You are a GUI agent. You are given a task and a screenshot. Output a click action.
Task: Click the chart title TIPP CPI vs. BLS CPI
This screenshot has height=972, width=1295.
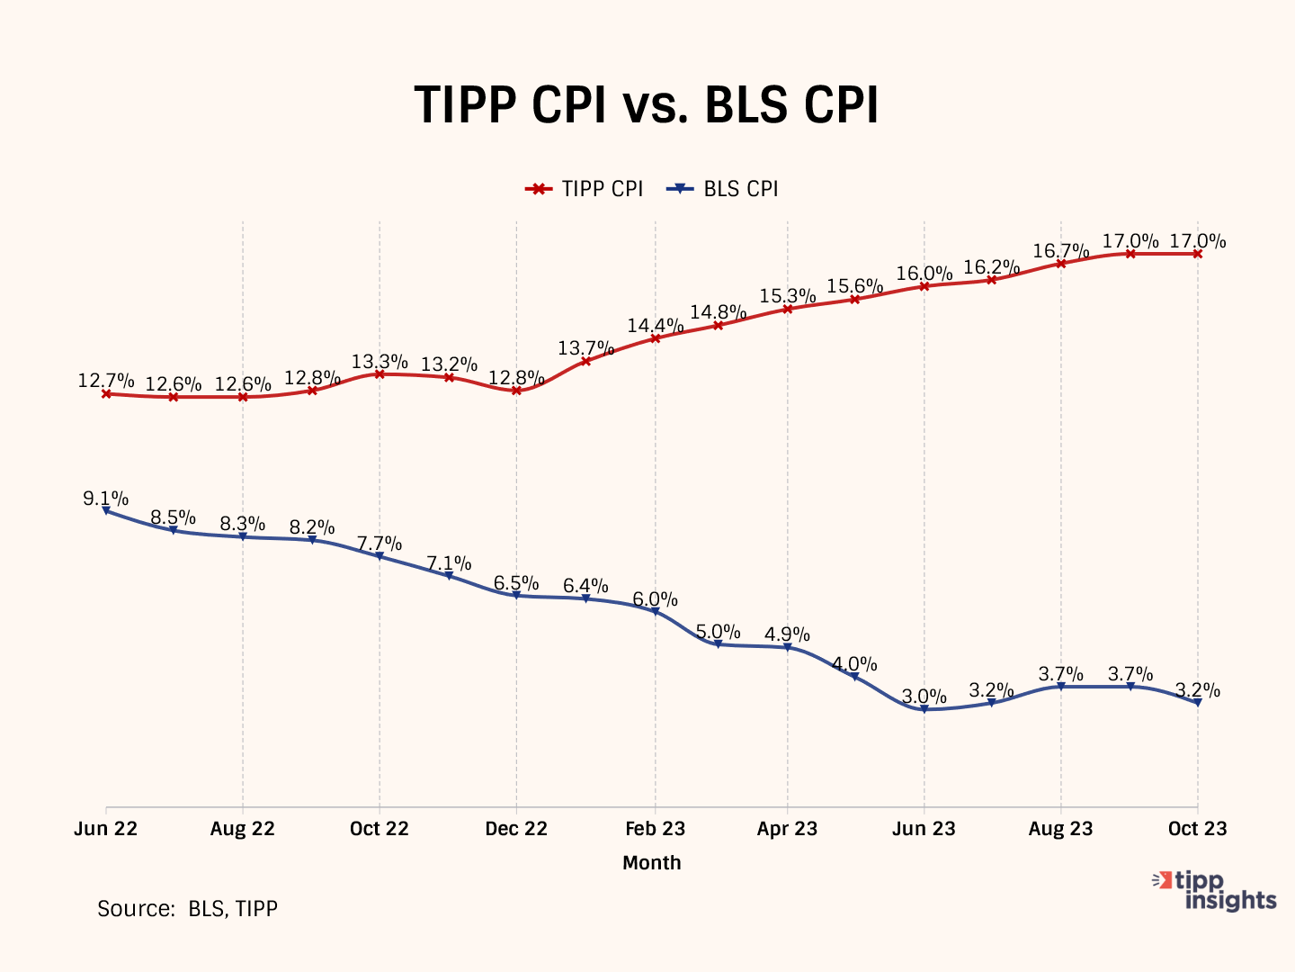click(646, 105)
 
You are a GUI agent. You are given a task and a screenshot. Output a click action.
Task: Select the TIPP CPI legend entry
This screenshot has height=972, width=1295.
click(585, 189)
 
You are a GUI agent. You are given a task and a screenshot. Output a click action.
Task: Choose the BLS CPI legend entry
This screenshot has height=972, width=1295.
click(723, 189)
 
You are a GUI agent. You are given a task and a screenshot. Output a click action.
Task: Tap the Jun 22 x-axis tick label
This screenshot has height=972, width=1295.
click(105, 829)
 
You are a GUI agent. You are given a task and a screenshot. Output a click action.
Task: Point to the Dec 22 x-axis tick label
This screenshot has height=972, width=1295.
click(516, 829)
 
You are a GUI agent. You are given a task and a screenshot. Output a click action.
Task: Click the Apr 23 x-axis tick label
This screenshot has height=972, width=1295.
click(787, 829)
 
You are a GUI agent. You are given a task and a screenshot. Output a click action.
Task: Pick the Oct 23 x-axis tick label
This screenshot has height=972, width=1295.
click(1197, 829)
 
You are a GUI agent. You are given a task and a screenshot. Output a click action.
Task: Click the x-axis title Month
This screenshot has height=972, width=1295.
click(652, 863)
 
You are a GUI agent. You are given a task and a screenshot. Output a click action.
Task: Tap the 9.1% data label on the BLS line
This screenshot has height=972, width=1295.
click(105, 499)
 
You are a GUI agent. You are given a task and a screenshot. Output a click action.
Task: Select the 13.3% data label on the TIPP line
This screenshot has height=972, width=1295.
click(380, 362)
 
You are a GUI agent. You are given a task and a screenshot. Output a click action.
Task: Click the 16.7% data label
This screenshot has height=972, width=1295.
click(1060, 251)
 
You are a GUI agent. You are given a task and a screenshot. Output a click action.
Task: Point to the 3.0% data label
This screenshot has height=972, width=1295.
click(924, 697)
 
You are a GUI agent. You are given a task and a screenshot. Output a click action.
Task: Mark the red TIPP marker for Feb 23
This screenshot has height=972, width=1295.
click(655, 338)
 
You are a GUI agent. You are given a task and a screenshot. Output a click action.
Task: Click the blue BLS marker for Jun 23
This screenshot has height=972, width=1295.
click(924, 709)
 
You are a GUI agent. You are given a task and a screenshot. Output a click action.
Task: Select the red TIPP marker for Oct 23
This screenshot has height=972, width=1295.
click(1197, 254)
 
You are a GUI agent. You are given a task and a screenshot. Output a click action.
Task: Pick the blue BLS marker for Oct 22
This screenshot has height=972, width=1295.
click(380, 556)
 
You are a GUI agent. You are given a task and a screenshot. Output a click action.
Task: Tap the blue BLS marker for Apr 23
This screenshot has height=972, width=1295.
click(787, 647)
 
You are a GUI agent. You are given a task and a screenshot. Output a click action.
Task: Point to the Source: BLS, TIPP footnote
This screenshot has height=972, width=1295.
click(187, 909)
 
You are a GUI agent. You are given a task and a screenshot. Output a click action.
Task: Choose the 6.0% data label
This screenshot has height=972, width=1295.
click(655, 599)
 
